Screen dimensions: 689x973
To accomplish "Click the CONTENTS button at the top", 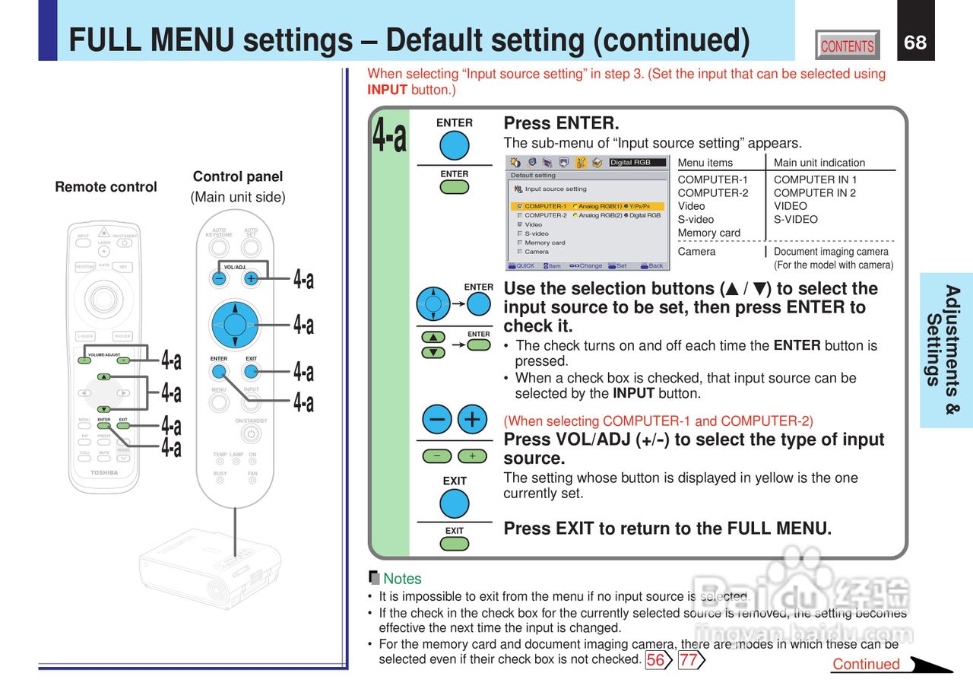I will [847, 46].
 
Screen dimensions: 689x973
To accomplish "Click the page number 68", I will [915, 43].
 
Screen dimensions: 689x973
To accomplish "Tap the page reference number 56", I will [655, 660].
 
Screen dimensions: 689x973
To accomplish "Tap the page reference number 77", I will [688, 660].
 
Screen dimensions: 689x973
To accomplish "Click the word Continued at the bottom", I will [866, 664].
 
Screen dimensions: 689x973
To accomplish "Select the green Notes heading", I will [401, 579].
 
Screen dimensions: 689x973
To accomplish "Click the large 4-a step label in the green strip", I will [389, 135].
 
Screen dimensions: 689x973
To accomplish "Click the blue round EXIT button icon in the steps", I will [455, 503].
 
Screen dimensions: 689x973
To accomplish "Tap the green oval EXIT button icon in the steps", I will [455, 544].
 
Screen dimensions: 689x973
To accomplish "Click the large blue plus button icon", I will [472, 419].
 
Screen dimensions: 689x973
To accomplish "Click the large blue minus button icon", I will [437, 419].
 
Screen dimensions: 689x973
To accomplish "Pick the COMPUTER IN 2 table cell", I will [815, 193].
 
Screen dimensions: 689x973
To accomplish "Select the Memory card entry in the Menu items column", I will [708, 233].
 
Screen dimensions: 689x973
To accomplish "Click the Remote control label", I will [106, 187].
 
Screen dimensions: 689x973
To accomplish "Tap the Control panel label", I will [237, 176].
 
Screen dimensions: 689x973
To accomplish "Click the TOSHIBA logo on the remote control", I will [104, 473].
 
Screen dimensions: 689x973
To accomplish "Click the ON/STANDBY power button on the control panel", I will [250, 434].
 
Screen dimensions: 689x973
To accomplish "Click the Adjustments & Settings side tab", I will [945, 350].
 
